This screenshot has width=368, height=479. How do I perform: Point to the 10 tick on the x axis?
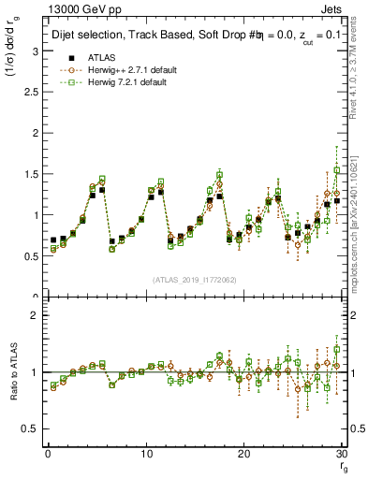tap(146, 453)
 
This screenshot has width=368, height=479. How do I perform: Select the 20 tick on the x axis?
tap(244, 453)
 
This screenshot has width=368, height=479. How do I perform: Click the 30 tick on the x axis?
tap(343, 453)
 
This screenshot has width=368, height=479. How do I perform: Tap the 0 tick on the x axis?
tap(48, 453)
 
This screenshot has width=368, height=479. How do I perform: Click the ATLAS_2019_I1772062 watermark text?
tap(194, 279)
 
